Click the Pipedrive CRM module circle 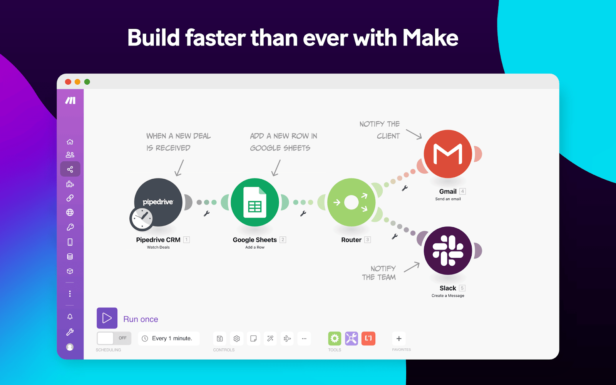tap(158, 202)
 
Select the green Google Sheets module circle tap(255, 202)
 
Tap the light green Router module tap(351, 202)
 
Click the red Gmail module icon tap(448, 154)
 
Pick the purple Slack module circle tap(448, 251)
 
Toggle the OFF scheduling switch tap(114, 338)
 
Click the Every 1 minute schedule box tap(169, 338)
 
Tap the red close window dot tap(68, 82)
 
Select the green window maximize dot tap(87, 82)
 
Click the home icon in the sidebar tap(70, 142)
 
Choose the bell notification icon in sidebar tap(70, 316)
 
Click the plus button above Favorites tap(399, 338)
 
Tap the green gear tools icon tap(335, 338)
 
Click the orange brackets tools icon tap(368, 338)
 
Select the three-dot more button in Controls tap(304, 338)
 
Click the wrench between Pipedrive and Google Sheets tap(207, 214)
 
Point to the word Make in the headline tap(430, 38)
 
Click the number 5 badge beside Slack tap(462, 288)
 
